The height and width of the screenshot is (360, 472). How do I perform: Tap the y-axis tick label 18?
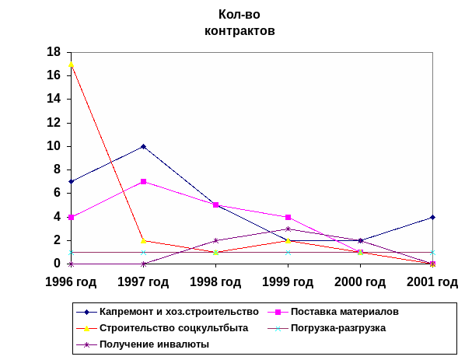pyautogui.click(x=54, y=52)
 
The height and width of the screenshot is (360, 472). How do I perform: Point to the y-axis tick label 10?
pyautogui.click(x=54, y=146)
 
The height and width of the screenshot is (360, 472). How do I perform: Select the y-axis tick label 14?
pyautogui.click(x=54, y=99)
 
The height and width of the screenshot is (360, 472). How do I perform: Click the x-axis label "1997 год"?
pyautogui.click(x=144, y=281)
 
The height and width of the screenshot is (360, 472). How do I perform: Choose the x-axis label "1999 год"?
pyautogui.click(x=288, y=281)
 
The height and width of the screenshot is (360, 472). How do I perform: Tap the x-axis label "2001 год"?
pyautogui.click(x=432, y=281)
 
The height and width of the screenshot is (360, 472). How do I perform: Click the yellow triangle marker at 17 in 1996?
pyautogui.click(x=72, y=64)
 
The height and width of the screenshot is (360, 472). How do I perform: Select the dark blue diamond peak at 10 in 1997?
pyautogui.click(x=144, y=146)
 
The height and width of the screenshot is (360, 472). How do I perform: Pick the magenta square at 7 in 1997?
pyautogui.click(x=144, y=181)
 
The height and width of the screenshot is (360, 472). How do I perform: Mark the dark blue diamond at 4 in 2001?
pyautogui.click(x=432, y=217)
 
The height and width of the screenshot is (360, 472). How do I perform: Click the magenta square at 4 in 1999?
pyautogui.click(x=288, y=217)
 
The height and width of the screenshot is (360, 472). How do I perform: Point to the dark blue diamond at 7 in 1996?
pyautogui.click(x=72, y=181)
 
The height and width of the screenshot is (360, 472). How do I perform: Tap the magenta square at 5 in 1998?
pyautogui.click(x=215, y=205)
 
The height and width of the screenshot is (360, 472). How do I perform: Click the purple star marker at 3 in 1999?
pyautogui.click(x=288, y=229)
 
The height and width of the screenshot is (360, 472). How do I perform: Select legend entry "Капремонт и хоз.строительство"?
pyautogui.click(x=178, y=312)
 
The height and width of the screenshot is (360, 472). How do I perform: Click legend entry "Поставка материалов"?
pyautogui.click(x=344, y=312)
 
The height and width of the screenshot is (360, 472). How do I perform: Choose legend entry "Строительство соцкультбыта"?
pyautogui.click(x=173, y=327)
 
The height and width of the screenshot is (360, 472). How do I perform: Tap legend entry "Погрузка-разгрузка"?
pyautogui.click(x=337, y=327)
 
